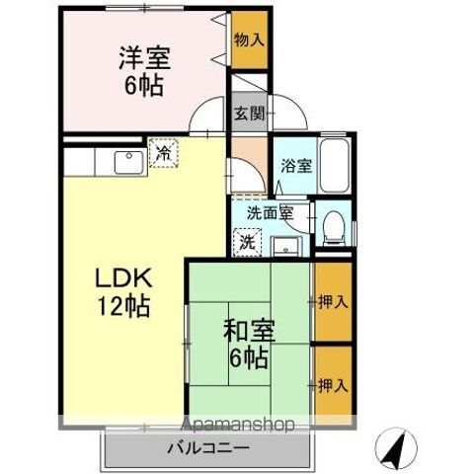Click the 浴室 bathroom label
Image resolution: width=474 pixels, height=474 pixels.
click(296, 165)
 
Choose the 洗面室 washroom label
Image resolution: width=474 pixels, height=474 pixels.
click(269, 211)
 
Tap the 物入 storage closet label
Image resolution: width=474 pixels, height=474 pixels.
click(249, 39)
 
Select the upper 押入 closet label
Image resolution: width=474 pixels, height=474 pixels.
click(332, 300)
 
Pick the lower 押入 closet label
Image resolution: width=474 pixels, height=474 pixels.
click(332, 384)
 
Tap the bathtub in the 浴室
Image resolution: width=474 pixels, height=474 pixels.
click(336, 165)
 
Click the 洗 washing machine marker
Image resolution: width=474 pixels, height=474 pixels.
click(246, 239)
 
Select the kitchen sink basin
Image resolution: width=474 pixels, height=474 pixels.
click(126, 161)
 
